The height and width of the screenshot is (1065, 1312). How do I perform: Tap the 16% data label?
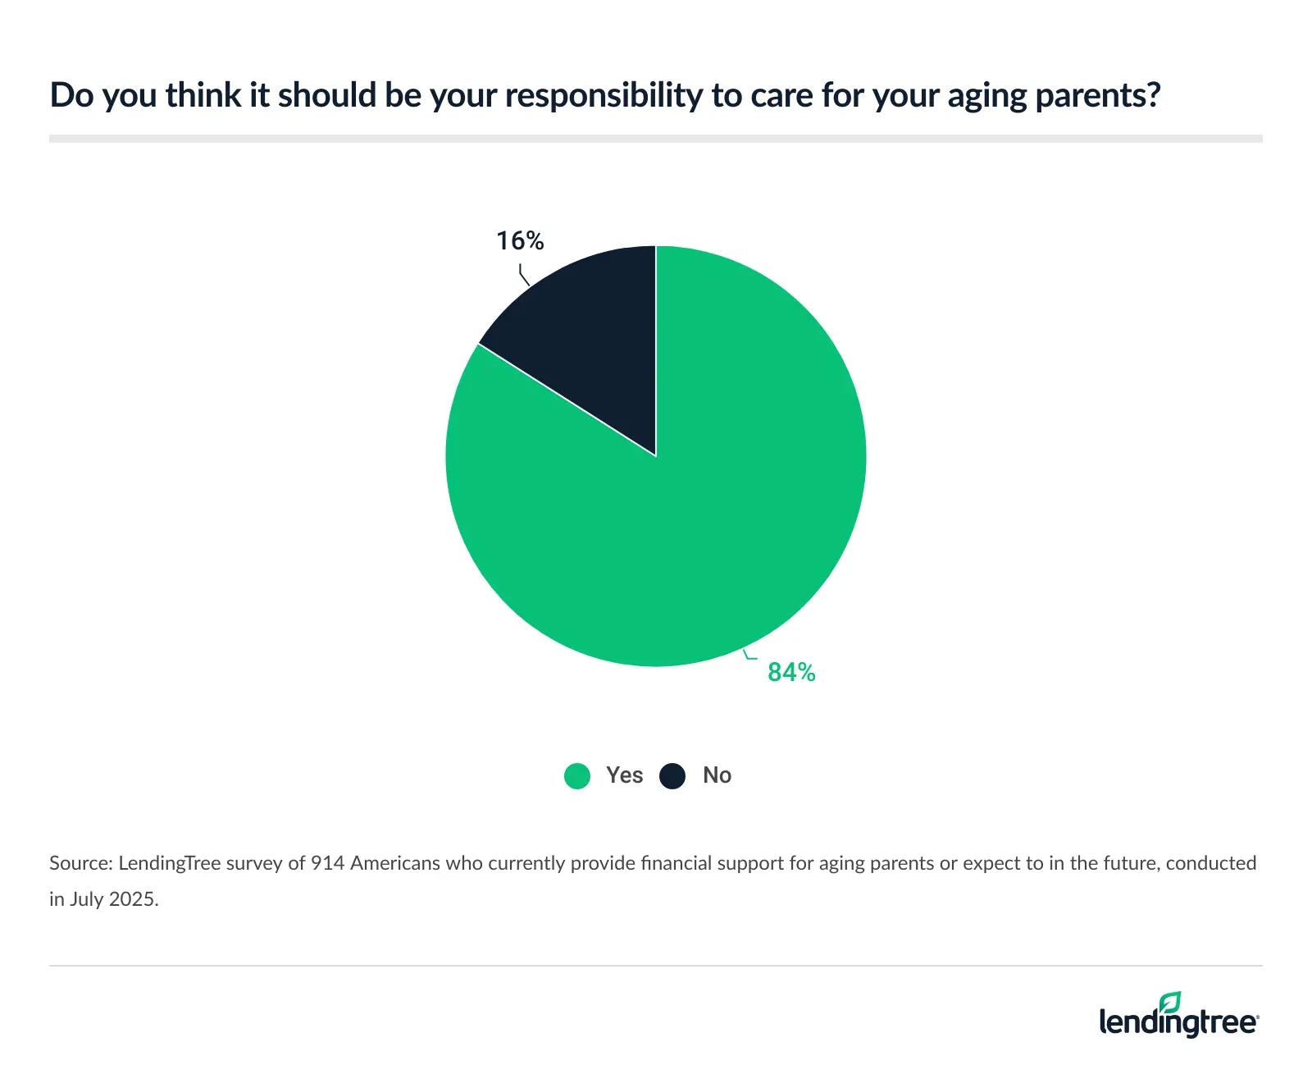(520, 240)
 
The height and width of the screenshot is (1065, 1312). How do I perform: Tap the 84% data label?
(791, 673)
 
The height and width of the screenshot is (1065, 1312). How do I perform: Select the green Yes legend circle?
(577, 775)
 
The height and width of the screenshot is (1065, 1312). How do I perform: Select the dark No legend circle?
(672, 775)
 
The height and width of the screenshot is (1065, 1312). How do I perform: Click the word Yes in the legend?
(624, 775)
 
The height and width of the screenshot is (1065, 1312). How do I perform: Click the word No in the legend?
(717, 775)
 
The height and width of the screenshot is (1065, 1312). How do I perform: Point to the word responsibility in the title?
(604, 96)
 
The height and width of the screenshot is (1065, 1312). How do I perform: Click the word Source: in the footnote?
(80, 863)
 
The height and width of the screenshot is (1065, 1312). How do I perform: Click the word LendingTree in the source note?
(169, 863)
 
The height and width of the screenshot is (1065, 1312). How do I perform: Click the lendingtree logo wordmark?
(1178, 1023)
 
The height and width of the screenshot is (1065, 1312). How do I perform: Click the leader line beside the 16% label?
(523, 275)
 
